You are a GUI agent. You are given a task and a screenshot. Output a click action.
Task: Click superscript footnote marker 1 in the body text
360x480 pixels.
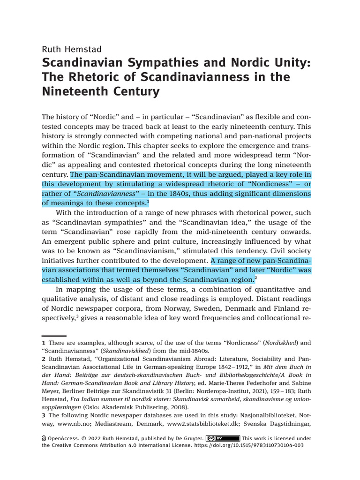[148, 202]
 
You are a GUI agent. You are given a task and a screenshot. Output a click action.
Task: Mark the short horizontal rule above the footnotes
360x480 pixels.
[54, 336]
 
